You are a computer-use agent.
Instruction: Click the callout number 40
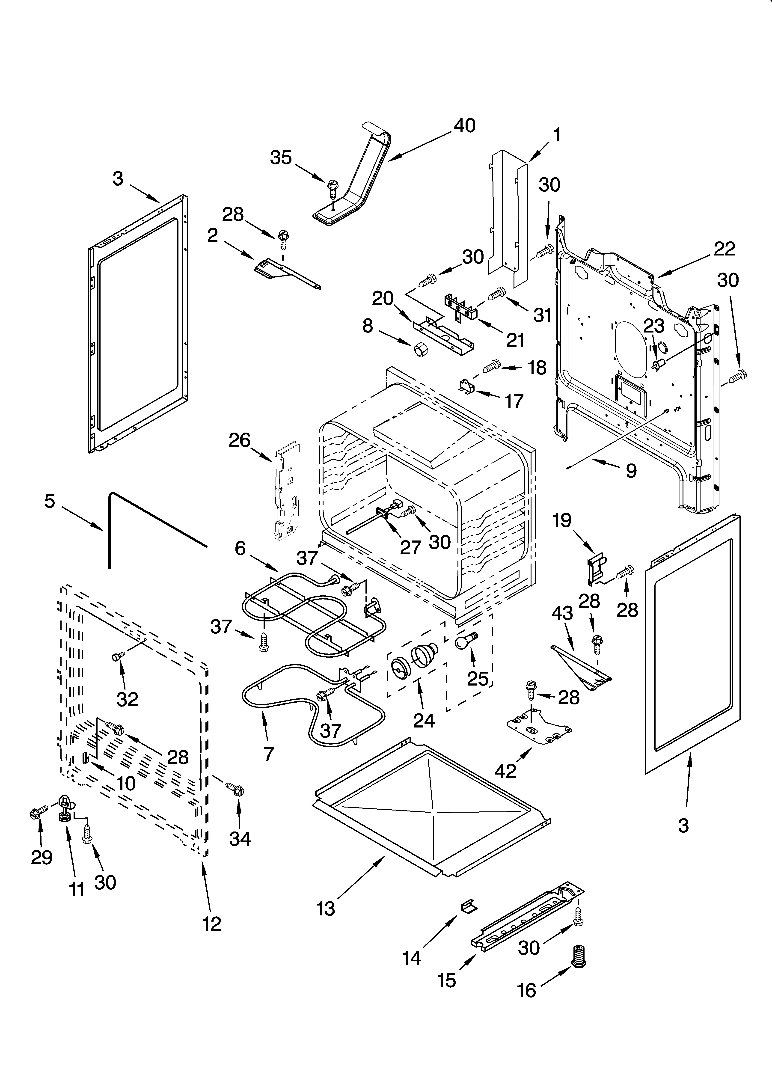(x=465, y=125)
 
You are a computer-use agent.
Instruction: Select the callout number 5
(x=50, y=501)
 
